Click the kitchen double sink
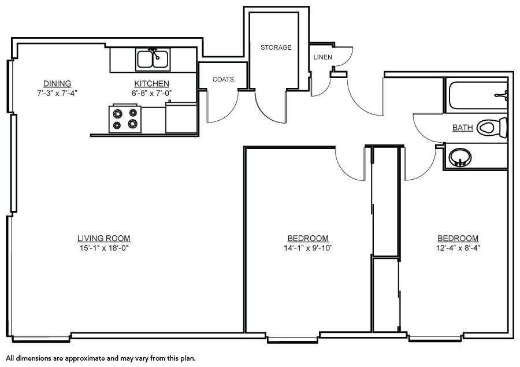tap(153, 60)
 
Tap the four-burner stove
tap(125, 119)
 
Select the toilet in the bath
tap(492, 127)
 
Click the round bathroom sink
tap(460, 157)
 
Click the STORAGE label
tap(276, 47)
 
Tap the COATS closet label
tap(223, 79)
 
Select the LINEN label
tap(322, 57)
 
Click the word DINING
tap(57, 83)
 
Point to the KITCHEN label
tap(151, 83)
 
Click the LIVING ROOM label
tap(104, 238)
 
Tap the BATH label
tap(463, 127)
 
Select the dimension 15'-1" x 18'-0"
tap(104, 248)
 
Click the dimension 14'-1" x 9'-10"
tap(308, 248)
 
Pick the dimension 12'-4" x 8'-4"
tap(458, 248)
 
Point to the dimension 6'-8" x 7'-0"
tap(151, 93)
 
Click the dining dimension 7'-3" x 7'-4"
tap(57, 93)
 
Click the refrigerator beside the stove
tap(181, 117)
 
